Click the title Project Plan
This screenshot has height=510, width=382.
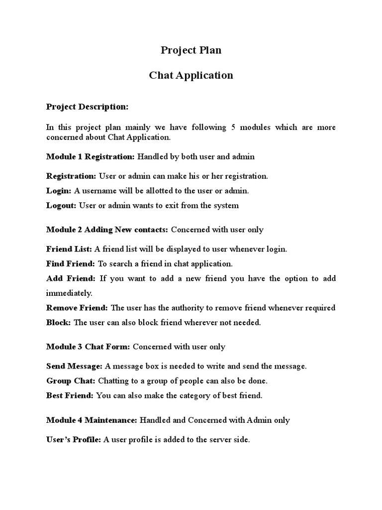tap(191, 50)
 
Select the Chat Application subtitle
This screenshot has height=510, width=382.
tap(191, 76)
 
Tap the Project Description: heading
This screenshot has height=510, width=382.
tap(87, 106)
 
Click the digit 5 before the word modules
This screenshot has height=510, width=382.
tap(233, 127)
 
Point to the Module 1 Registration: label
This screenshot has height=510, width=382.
tap(90, 156)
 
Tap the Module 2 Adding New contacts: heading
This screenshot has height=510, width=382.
tap(107, 230)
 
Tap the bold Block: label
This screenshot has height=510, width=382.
tap(59, 322)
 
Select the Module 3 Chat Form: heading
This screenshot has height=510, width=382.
tap(88, 347)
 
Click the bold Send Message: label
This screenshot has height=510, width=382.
tap(74, 366)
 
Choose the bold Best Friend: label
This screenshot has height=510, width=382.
tap(70, 395)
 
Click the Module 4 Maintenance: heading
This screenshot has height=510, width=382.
tap(92, 420)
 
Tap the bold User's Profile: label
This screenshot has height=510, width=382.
tap(74, 440)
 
